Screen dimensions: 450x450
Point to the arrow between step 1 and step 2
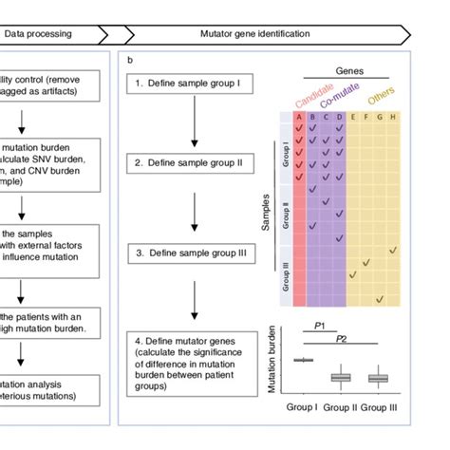click(194, 123)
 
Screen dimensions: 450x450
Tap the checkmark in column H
click(393, 251)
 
